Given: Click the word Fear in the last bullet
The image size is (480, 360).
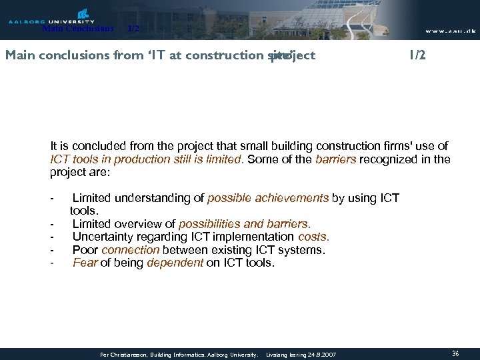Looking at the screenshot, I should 84,263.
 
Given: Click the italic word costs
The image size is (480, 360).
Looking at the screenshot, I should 313,237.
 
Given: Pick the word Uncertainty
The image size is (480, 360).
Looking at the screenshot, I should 104,237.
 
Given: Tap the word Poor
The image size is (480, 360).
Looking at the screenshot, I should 85,250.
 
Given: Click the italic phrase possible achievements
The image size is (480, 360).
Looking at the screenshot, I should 268,198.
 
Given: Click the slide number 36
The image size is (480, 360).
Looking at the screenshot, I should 455,353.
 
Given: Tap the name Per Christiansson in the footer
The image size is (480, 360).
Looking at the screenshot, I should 124,355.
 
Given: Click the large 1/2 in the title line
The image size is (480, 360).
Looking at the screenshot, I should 417,55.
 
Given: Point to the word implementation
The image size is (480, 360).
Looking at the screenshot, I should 256,237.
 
